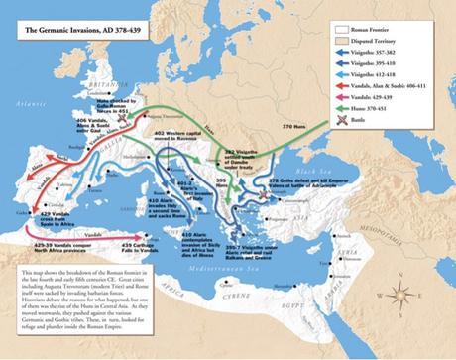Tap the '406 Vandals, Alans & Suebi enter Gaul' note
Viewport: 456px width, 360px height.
[x=57, y=135]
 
